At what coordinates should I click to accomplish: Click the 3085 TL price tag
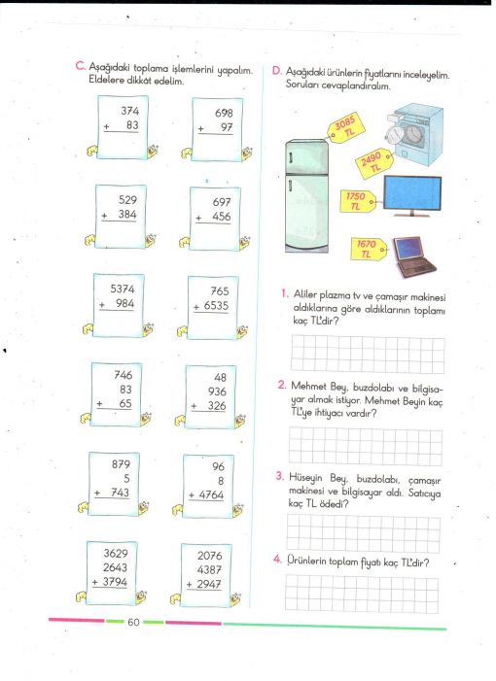point(345,127)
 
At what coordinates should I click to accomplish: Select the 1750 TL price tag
point(357,201)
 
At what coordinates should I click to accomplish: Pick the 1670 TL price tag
point(369,249)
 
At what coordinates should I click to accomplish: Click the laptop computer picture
point(414,256)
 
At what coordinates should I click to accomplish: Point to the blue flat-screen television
point(412,196)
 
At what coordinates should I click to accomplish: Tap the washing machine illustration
point(414,135)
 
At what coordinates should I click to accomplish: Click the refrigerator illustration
point(307,196)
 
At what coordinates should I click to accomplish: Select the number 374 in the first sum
point(130,111)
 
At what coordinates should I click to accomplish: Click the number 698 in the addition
point(224,114)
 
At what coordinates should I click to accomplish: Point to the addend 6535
point(216,306)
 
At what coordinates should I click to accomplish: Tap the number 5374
point(123,289)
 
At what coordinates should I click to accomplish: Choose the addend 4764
point(211,495)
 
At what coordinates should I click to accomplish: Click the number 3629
point(116,554)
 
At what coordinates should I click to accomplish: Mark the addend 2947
point(209,584)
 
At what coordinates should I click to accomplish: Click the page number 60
point(133,622)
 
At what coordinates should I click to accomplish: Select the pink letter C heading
point(80,66)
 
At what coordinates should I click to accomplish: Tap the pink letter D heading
point(276,71)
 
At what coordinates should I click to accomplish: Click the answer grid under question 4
point(362,594)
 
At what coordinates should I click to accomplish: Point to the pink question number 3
point(280,476)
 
